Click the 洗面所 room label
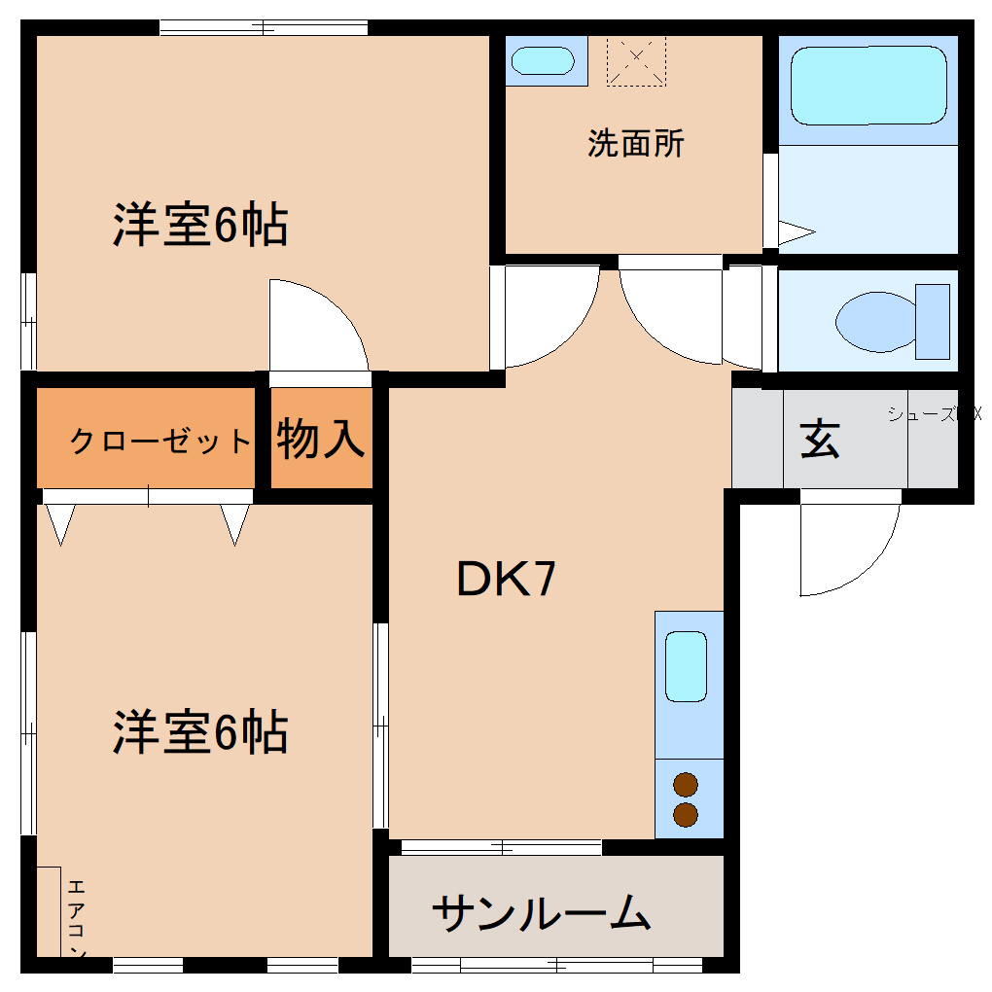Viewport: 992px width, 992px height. coord(636,144)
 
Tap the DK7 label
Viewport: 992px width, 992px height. coord(507,581)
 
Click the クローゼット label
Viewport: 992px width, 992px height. coord(160,442)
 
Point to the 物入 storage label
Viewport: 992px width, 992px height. coord(321,439)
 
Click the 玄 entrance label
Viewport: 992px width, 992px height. coord(820,440)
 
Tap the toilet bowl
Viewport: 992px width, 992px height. coord(875,321)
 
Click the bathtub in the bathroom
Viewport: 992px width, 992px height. coord(868,88)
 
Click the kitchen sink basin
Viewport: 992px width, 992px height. coord(686,666)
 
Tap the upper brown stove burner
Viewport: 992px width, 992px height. coord(686,784)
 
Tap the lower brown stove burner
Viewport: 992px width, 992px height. coord(686,814)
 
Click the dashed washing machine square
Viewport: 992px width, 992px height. coord(636,60)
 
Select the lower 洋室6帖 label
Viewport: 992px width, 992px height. coord(200,732)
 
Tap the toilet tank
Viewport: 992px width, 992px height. coord(932,322)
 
